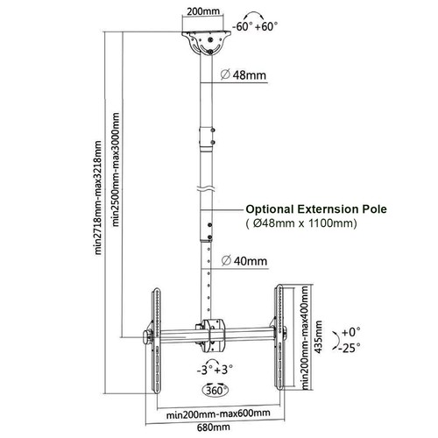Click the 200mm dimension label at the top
pyautogui.click(x=203, y=11)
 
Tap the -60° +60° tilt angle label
pyautogui.click(x=255, y=26)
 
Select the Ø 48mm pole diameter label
pyautogui.click(x=244, y=75)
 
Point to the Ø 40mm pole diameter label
pyautogui.click(x=244, y=260)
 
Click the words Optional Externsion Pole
pyautogui.click(x=316, y=209)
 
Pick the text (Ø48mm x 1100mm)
pyautogui.click(x=301, y=223)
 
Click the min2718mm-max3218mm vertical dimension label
pyautogui.click(x=98, y=198)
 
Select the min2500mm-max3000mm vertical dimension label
pyautogui.click(x=116, y=170)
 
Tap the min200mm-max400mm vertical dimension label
pyautogui.click(x=305, y=337)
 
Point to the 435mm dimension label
pyautogui.click(x=319, y=337)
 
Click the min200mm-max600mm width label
pyautogui.click(x=218, y=413)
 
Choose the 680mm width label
pyautogui.click(x=214, y=427)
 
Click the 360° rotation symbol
pyautogui.click(x=215, y=390)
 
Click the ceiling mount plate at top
pyautogui.click(x=207, y=42)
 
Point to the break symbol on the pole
pyautogui.click(x=206, y=188)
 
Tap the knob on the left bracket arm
pyautogui.click(x=147, y=336)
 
